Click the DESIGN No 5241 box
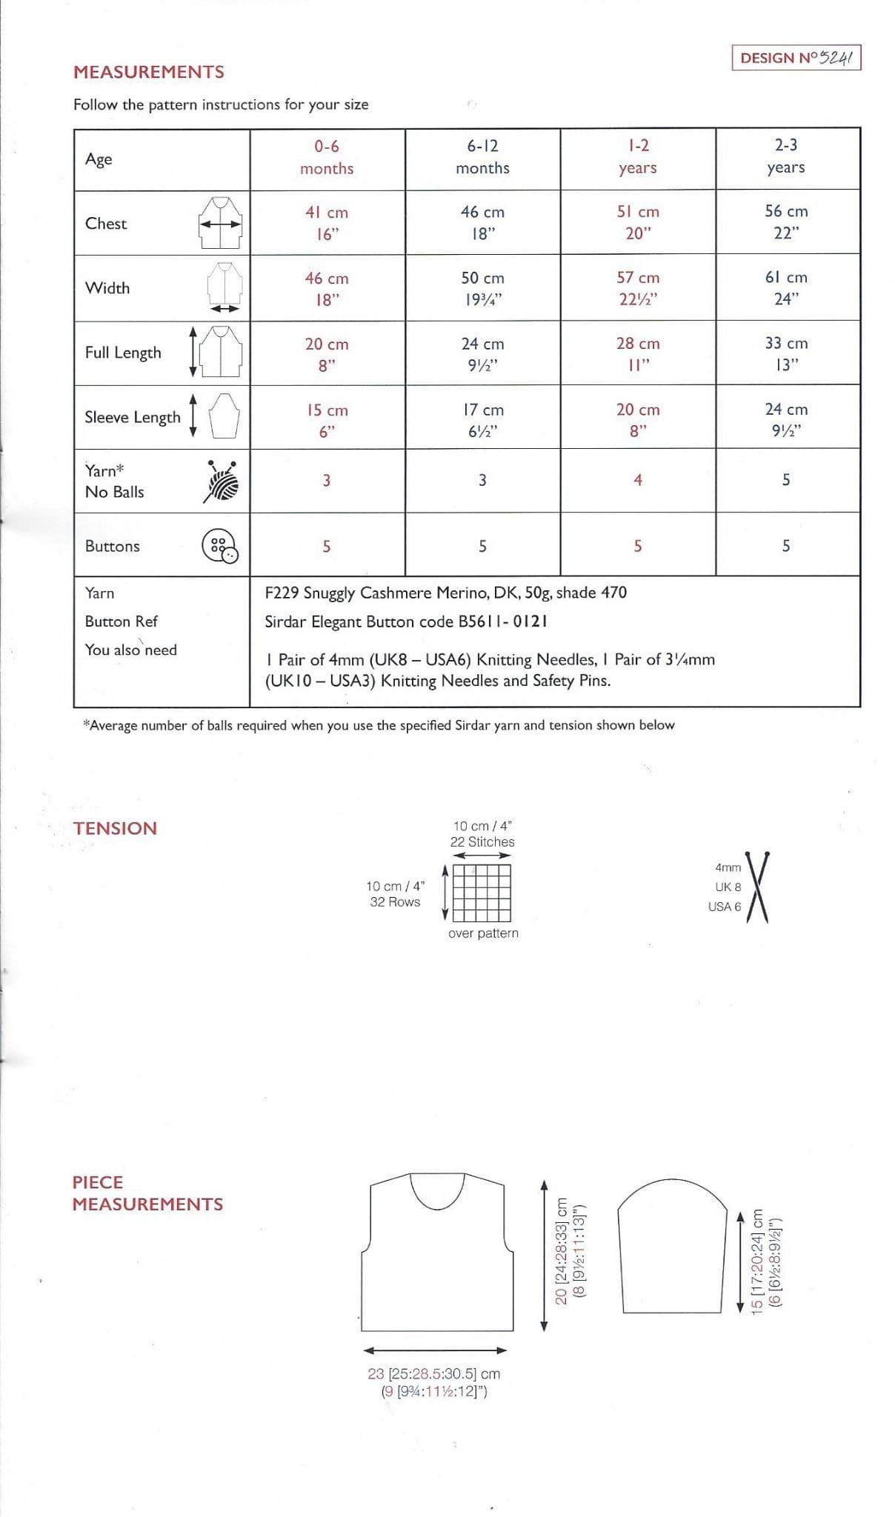796,58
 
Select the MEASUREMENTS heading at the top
148,72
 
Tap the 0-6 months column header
327,157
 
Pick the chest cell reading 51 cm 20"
638,222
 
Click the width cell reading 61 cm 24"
786,287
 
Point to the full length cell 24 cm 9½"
482,353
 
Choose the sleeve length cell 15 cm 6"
327,420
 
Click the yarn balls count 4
638,480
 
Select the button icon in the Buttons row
220,547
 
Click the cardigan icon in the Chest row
220,223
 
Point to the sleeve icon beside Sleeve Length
224,416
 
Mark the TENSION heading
115,828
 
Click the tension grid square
482,893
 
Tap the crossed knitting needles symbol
757,887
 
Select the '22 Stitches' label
482,842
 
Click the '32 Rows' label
395,901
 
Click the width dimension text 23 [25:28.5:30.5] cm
434,1373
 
